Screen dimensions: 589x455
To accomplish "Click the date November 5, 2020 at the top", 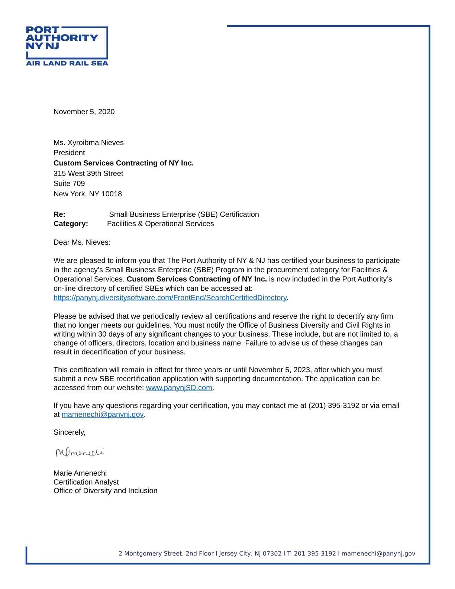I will [x=84, y=112].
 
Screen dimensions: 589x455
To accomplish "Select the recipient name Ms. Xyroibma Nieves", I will [x=88, y=143].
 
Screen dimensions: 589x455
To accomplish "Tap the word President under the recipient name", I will [x=69, y=153].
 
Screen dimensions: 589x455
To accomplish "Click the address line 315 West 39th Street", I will [x=88, y=174].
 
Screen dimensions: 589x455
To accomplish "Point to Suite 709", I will [x=69, y=184].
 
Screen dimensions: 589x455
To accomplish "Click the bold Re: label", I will [x=59, y=215].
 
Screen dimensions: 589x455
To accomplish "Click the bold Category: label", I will [x=71, y=224].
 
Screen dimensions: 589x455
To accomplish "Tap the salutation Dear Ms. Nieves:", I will [x=82, y=242].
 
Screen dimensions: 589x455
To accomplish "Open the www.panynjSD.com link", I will [x=179, y=388].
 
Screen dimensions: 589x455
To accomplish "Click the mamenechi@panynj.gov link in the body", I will [x=102, y=415].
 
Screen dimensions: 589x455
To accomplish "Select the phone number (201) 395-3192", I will [x=334, y=406].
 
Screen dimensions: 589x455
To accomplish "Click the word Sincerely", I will [x=69, y=432].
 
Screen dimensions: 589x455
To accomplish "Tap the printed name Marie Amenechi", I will [x=80, y=473].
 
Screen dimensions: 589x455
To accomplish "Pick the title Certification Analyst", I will [x=86, y=482].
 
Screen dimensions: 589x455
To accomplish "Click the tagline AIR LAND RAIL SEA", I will [x=67, y=63].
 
